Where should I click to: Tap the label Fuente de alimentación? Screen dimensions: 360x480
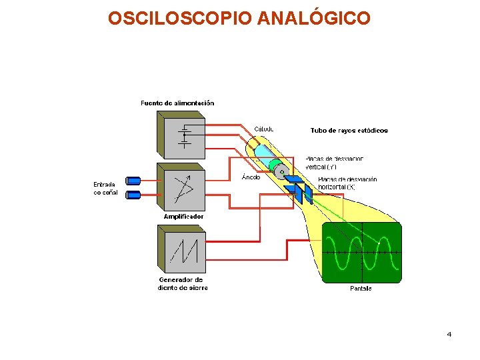(177, 103)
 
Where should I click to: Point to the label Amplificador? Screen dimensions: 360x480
(183, 217)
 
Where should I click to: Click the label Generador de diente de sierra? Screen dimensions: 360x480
(182, 284)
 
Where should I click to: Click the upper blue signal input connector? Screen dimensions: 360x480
(133, 180)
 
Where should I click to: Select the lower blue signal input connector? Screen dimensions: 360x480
(133, 195)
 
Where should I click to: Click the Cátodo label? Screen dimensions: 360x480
(264, 129)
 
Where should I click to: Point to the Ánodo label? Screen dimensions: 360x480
(251, 177)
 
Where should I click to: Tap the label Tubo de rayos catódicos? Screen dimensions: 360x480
(349, 131)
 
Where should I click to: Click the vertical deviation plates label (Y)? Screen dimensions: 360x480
(335, 163)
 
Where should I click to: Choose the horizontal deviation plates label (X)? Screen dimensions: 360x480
(347, 183)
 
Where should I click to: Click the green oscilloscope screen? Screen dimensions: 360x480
(362, 253)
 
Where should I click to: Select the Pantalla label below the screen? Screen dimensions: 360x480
(361, 288)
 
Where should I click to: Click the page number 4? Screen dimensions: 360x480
(449, 334)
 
